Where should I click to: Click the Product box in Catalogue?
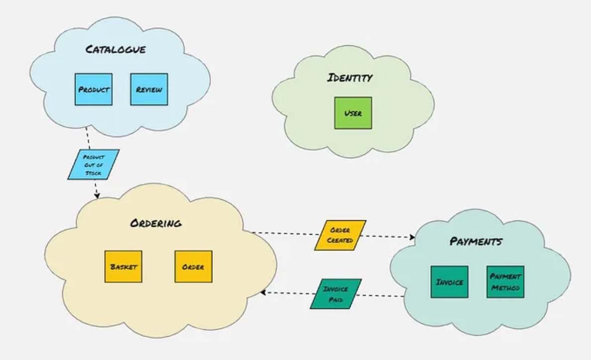click(x=94, y=90)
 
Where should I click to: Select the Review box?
click(x=149, y=90)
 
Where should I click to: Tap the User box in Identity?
click(x=353, y=113)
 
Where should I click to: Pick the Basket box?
click(x=123, y=267)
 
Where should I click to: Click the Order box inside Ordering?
click(x=193, y=267)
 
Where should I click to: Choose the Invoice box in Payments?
click(x=449, y=282)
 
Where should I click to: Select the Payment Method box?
click(x=505, y=282)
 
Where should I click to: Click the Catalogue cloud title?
click(x=116, y=49)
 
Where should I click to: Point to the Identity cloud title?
click(x=350, y=78)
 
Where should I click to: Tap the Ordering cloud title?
click(x=156, y=223)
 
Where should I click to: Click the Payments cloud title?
click(x=476, y=242)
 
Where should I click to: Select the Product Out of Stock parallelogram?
click(x=93, y=164)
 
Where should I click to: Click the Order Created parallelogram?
click(x=340, y=235)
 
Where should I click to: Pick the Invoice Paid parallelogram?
click(x=336, y=294)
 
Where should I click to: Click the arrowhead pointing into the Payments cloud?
click(x=412, y=238)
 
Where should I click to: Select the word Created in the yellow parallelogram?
click(x=340, y=240)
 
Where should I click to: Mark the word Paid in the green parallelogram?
click(x=336, y=299)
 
